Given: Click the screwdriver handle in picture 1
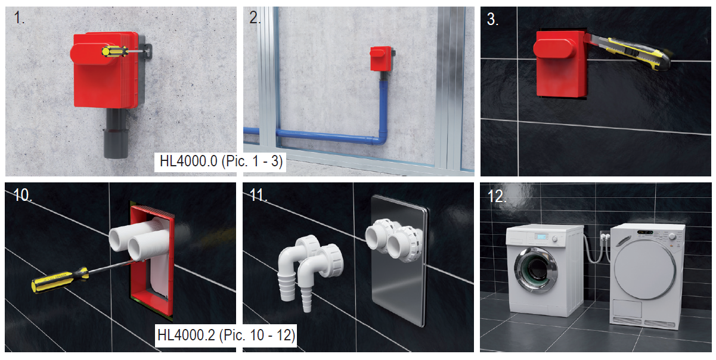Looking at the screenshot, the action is pyautogui.click(x=114, y=51).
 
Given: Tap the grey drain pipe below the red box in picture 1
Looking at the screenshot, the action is pyautogui.click(x=116, y=133).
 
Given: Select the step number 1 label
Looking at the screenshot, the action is pyautogui.click(x=19, y=17).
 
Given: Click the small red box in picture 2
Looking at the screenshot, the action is pyautogui.click(x=381, y=58).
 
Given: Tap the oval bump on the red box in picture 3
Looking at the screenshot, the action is pyautogui.click(x=555, y=48).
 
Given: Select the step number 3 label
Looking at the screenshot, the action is pyautogui.click(x=492, y=19).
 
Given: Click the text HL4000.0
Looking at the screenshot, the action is pyautogui.click(x=188, y=162).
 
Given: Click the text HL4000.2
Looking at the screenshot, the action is pyautogui.click(x=187, y=336).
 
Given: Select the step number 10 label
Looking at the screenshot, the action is pyautogui.click(x=23, y=195).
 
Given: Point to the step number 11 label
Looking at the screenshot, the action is pyautogui.click(x=258, y=195).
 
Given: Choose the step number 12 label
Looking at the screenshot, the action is pyautogui.click(x=497, y=196).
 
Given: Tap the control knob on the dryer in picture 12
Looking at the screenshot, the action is pyautogui.click(x=672, y=237).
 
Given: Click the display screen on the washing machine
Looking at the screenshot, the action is pyautogui.click(x=541, y=237).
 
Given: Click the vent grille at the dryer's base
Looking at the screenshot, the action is pyautogui.click(x=643, y=322).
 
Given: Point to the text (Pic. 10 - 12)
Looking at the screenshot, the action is pyautogui.click(x=258, y=336).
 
